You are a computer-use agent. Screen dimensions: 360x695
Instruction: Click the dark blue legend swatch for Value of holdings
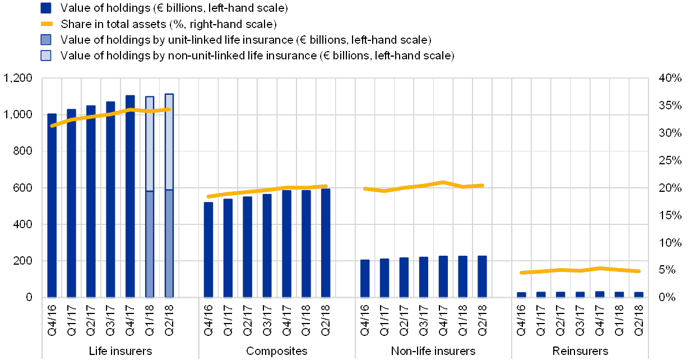[x=47, y=8]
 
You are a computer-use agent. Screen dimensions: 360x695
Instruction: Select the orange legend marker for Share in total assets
[x=47, y=24]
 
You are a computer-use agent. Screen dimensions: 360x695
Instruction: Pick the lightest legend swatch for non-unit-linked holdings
[x=47, y=56]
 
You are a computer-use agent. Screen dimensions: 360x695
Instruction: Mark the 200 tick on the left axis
[x=21, y=261]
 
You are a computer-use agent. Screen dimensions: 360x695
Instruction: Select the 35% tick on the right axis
[x=670, y=106]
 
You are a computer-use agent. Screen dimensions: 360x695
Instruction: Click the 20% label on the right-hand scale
[x=670, y=188]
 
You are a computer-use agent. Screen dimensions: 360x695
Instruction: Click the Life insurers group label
[x=120, y=351]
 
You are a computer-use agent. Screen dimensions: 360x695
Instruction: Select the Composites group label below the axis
[x=277, y=351]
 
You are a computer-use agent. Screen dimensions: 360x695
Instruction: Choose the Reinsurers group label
[x=590, y=351]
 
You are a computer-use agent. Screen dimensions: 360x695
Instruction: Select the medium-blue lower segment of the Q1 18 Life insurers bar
[x=150, y=243]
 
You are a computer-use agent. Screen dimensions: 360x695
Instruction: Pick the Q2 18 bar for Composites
[x=326, y=242]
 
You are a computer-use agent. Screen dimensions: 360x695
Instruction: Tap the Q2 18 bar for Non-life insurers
[x=482, y=276]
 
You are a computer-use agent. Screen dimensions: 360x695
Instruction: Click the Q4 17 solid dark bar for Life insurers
[x=130, y=196]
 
